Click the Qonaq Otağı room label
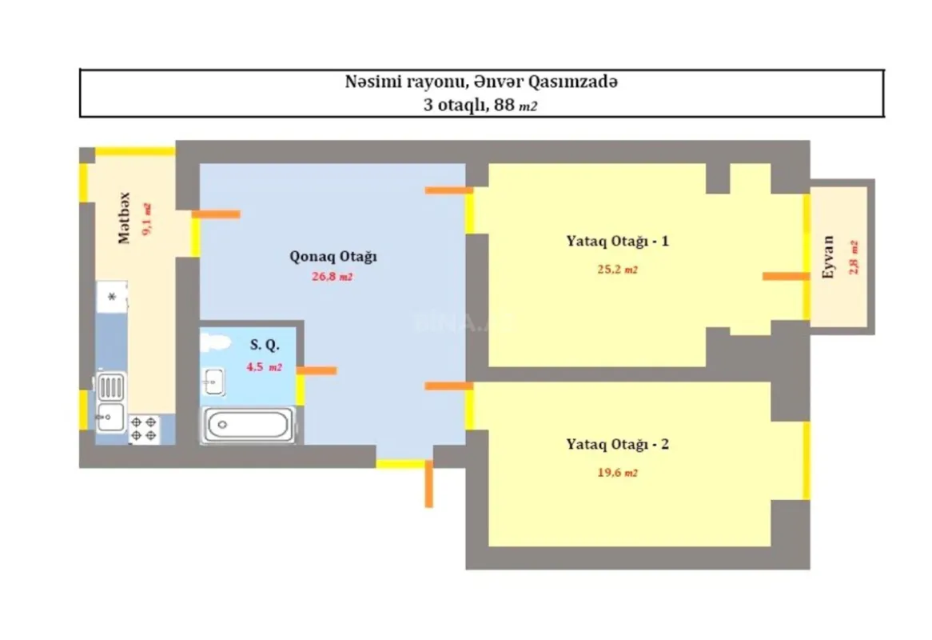[x=333, y=257]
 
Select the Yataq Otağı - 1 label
[x=618, y=241]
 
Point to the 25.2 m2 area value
[x=617, y=270]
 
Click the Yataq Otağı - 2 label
[x=618, y=444]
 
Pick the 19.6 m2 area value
[x=617, y=473]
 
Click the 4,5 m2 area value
[x=264, y=368]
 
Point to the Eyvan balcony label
[x=828, y=256]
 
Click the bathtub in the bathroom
[x=246, y=424]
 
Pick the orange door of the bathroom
[x=317, y=370]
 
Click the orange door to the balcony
[x=786, y=276]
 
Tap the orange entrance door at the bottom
[x=429, y=484]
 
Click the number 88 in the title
[x=504, y=106]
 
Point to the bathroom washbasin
[x=213, y=382]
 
